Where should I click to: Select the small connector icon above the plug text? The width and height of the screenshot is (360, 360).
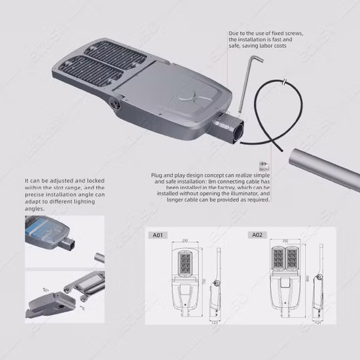click(264, 166)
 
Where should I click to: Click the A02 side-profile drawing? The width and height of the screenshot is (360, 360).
click(319, 281)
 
